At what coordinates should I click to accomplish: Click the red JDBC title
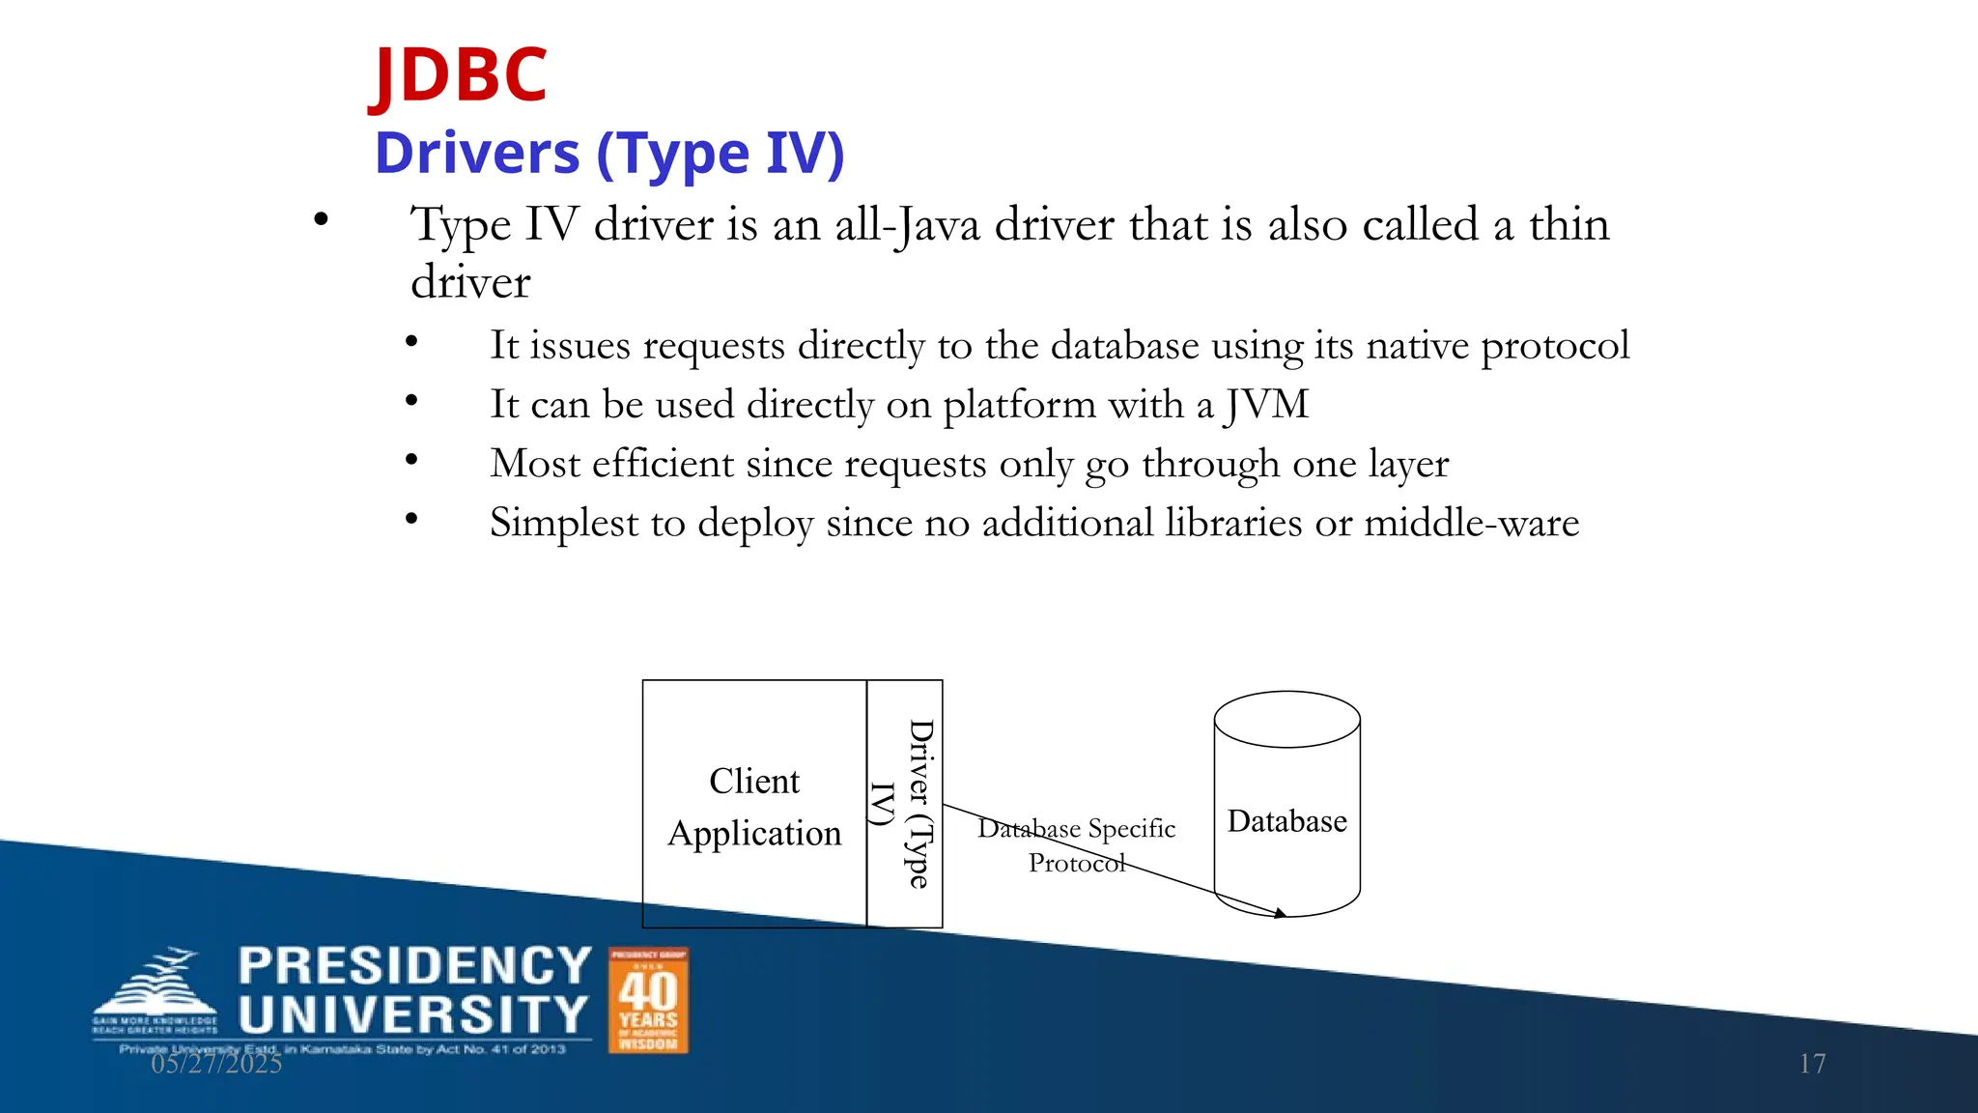(461, 75)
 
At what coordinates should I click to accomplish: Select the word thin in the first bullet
(1568, 224)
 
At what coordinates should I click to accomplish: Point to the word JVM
(1266, 404)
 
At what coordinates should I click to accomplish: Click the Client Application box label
(754, 807)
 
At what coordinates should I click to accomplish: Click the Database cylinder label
(1286, 821)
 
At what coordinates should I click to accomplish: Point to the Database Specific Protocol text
(1077, 844)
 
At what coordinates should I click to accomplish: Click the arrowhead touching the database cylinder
(1280, 912)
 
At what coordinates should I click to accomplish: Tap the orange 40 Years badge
(648, 1000)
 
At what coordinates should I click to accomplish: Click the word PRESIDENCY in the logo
(414, 966)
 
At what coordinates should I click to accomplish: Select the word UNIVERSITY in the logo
(412, 1015)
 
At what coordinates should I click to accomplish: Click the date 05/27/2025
(216, 1064)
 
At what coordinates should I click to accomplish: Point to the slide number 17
(1812, 1064)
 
